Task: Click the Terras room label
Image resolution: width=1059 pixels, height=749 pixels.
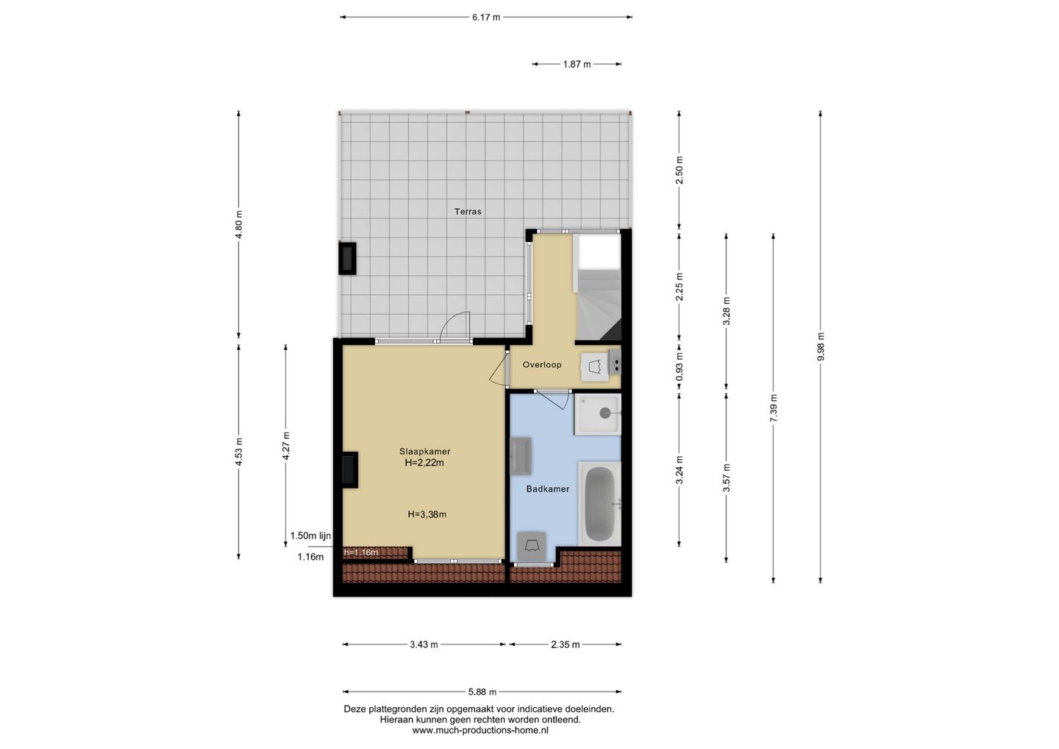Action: coord(468,211)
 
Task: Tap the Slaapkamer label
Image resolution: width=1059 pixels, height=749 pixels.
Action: coord(424,452)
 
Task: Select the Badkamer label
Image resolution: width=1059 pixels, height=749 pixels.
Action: coord(547,489)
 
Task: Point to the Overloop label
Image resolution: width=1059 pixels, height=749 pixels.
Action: coord(542,365)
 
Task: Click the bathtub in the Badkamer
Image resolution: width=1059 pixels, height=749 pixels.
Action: coord(599,503)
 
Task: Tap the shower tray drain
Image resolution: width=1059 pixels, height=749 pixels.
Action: coord(605,413)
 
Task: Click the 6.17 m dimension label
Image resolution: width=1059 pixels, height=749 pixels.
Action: coord(485,18)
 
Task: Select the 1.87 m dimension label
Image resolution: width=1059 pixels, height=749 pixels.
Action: coord(577,64)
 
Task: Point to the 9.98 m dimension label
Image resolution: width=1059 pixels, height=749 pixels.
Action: coord(820,347)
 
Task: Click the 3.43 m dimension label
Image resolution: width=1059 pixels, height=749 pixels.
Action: coord(424,645)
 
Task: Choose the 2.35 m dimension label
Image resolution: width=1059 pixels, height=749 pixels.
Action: coord(565,645)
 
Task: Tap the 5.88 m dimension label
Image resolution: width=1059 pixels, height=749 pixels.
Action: coord(482,692)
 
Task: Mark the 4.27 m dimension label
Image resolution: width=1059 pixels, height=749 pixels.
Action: coord(285,445)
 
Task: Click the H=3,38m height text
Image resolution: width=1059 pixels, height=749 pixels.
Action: coord(427,514)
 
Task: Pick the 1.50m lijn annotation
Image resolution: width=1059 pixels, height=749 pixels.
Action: coord(310,536)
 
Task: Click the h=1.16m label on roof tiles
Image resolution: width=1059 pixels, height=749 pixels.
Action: coord(361,553)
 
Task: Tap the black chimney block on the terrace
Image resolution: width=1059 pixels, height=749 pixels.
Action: coord(347,258)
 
